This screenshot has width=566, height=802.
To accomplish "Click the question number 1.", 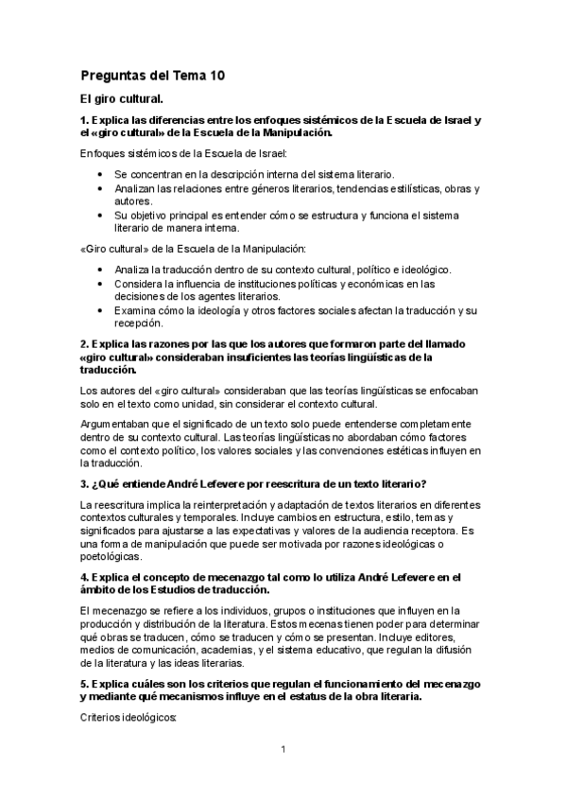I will [x=84, y=120].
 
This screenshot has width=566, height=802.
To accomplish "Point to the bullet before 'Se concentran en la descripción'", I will [x=101, y=175].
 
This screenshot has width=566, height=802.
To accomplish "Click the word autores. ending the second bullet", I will [x=133, y=201].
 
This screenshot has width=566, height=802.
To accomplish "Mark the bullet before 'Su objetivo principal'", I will [x=101, y=215].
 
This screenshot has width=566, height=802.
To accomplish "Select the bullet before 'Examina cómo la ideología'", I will [x=101, y=310].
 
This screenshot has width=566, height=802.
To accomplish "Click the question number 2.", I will [x=84, y=344].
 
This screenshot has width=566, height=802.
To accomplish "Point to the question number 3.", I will [x=84, y=483].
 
